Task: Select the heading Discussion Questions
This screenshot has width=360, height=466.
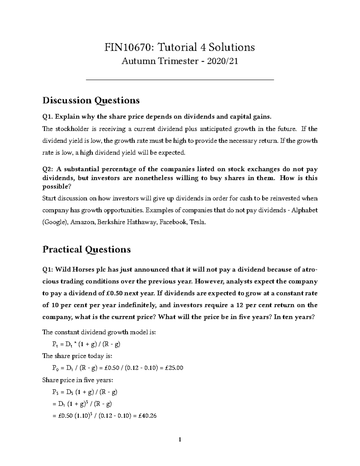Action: pyautogui.click(x=91, y=100)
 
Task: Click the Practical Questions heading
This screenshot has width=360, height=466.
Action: pyautogui.click(x=86, y=250)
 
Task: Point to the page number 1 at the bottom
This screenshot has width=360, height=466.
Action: pyautogui.click(x=180, y=440)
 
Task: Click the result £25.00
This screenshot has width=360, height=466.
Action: pyautogui.click(x=173, y=368)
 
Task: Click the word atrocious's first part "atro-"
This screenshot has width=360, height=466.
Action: pyautogui.click(x=310, y=269)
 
